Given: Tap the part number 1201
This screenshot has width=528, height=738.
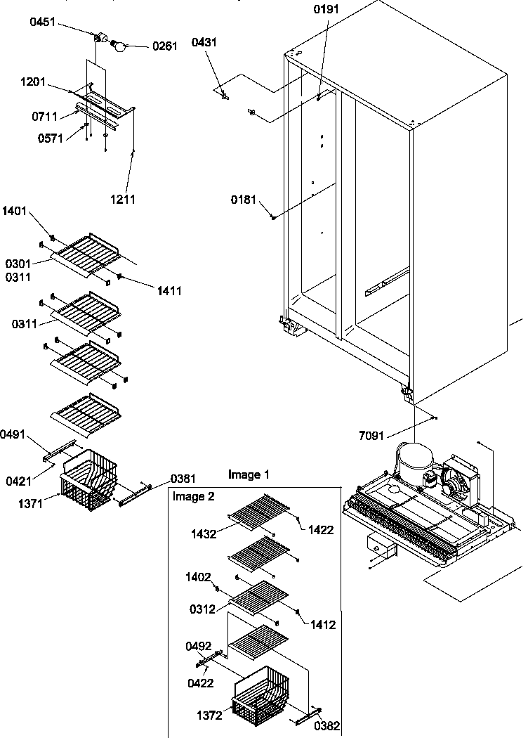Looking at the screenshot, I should tap(33, 82).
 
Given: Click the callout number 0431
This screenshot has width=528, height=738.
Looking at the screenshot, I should tap(204, 42).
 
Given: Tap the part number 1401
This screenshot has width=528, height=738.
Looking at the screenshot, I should tap(15, 209).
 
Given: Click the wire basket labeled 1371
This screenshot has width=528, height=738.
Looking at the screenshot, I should tap(88, 481).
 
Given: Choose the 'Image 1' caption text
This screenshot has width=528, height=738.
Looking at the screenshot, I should tap(249, 475).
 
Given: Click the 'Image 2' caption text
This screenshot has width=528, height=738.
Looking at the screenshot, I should tap(194, 496).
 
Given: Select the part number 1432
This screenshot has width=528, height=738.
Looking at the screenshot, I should tap(207, 533).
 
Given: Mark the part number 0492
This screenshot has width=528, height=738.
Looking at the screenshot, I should tap(199, 645).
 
